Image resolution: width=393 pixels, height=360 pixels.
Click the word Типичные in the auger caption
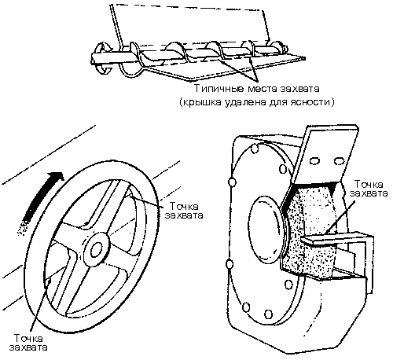coord(219,89)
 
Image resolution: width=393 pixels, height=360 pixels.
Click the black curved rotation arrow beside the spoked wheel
coord(40,202)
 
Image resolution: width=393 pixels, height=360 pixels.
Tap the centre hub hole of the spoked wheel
coord(97,249)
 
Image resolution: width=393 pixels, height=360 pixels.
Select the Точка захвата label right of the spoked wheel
coord(184,211)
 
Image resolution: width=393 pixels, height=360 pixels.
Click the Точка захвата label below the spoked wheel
coord(28,343)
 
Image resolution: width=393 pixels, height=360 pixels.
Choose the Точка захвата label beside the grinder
coord(369,189)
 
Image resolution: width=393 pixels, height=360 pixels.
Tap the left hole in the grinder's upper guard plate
coord(314,160)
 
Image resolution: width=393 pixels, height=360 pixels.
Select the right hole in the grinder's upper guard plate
coord(339,160)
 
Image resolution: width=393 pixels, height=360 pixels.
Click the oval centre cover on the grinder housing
coord(265,228)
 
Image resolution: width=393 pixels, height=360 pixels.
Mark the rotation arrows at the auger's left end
coord(103,59)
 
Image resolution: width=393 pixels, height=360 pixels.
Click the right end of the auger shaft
coord(285,48)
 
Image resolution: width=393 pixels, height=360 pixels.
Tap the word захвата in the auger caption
coord(299,89)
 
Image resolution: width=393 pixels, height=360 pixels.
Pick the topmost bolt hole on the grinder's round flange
coord(255,149)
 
